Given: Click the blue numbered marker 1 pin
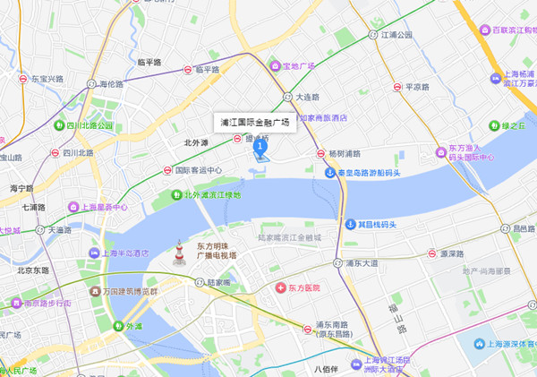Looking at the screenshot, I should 260,145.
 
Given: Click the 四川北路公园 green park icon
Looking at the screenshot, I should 59,125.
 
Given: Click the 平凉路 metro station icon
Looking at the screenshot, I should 397,88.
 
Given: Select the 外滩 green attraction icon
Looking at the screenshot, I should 115,327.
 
